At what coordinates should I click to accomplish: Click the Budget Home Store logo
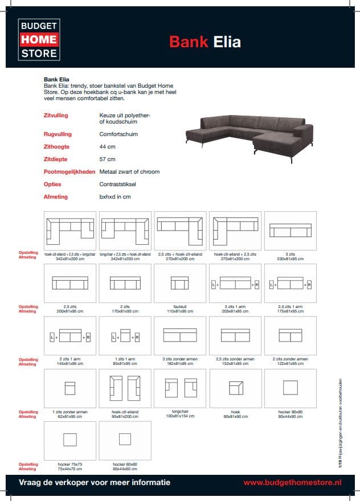tap(39, 39)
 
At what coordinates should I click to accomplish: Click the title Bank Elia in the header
tap(205, 42)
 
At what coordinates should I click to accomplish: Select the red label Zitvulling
tap(56, 116)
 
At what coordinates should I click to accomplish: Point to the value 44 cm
tap(107, 147)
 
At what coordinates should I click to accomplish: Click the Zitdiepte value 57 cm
tap(107, 159)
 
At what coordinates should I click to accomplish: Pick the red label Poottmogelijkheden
tap(69, 172)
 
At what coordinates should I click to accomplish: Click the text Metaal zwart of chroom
tap(129, 172)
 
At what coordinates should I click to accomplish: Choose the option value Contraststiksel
tap(117, 184)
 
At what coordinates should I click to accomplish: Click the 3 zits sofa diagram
tap(290, 230)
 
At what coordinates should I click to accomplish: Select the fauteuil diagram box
tap(180, 283)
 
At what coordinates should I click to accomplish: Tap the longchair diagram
tap(180, 388)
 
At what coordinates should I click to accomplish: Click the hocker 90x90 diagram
tap(290, 388)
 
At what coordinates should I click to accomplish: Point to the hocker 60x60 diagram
tap(125, 440)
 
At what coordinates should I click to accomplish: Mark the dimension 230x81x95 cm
tap(291, 259)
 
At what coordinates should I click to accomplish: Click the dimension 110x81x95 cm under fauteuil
tap(180, 311)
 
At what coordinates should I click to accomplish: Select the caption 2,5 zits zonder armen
tap(235, 359)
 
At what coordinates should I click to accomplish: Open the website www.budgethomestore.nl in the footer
tap(292, 482)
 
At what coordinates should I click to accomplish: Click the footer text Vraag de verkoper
tap(95, 482)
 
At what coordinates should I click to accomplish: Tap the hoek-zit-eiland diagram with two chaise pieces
tap(125, 388)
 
